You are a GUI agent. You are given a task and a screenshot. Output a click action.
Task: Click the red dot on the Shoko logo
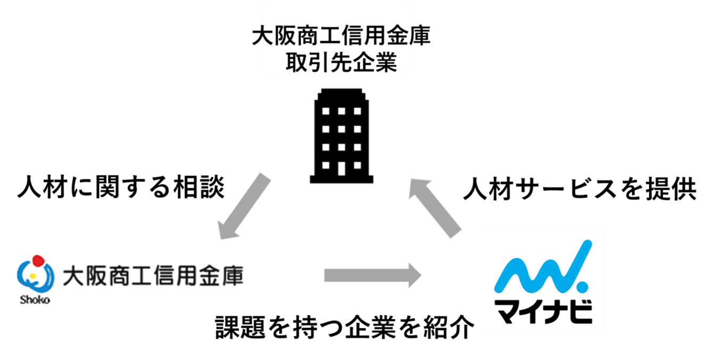[x=38, y=261]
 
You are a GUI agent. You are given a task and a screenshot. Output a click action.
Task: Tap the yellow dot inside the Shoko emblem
[x=32, y=276]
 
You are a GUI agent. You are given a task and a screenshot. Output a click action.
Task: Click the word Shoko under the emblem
[x=35, y=299]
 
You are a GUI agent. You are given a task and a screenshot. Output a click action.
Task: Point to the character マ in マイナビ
[x=508, y=312]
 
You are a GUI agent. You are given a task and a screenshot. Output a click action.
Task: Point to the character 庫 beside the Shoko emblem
[x=233, y=277]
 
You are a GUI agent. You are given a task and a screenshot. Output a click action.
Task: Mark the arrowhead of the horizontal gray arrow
[x=414, y=275]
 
